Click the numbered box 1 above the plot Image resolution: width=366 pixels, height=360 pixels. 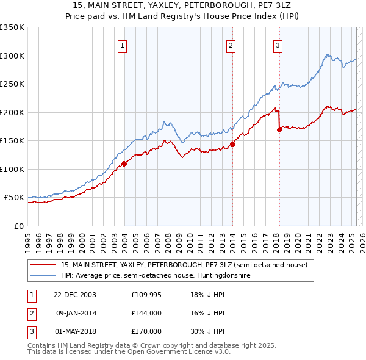[x=123, y=45]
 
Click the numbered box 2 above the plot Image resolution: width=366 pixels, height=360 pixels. [x=231, y=45]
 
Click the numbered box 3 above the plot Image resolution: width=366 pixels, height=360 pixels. [x=278, y=45]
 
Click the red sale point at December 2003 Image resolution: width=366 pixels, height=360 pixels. [x=124, y=164]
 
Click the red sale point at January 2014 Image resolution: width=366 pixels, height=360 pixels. [x=232, y=145]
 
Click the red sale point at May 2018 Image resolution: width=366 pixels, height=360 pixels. [x=279, y=129]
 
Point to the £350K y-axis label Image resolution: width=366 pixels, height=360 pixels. [x=12, y=27]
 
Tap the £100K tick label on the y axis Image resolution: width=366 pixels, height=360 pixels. [x=12, y=169]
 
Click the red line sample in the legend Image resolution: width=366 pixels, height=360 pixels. [x=43, y=265]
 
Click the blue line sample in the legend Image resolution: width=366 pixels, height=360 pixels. [x=43, y=275]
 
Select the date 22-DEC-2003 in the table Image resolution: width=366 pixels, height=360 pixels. [x=74, y=294]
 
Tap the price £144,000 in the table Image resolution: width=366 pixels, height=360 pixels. [x=146, y=314]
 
